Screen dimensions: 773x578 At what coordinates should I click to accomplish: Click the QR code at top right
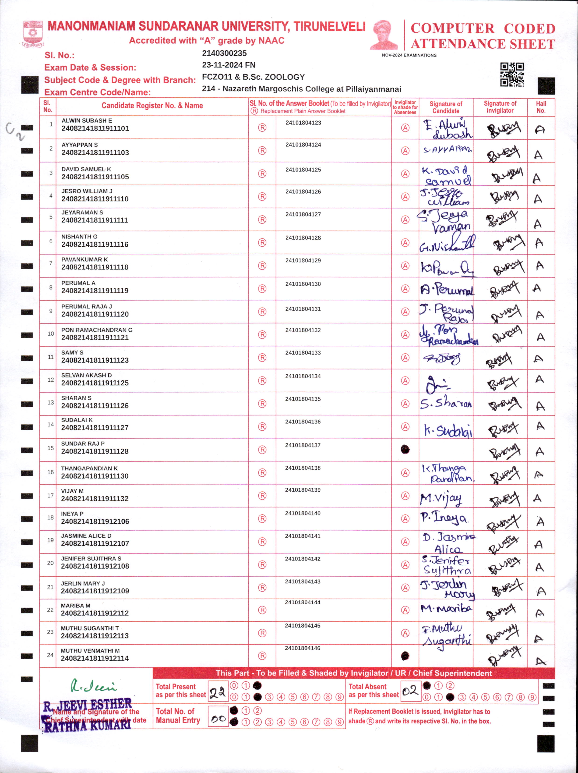click(512, 74)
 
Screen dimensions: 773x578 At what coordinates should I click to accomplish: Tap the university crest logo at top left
click(33, 34)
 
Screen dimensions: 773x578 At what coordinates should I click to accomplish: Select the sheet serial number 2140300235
click(224, 53)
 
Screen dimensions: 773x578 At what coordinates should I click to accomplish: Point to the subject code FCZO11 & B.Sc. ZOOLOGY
click(253, 77)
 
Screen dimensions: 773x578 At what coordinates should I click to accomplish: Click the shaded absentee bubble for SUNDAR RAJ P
click(405, 449)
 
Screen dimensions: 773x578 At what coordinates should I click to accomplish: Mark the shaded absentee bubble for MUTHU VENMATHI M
click(405, 656)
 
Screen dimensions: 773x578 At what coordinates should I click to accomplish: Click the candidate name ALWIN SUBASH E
click(87, 121)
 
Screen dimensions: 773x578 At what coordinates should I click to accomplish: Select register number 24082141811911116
click(95, 245)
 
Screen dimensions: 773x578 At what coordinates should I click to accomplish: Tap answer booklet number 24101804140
click(303, 513)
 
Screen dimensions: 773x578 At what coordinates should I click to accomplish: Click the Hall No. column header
click(541, 107)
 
